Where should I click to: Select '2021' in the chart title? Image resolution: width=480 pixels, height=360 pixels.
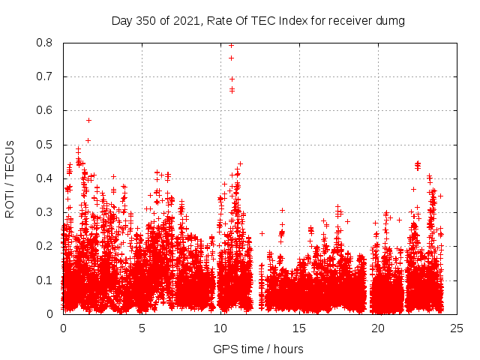coord(184,21)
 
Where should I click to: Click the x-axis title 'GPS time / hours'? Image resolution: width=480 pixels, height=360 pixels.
coord(258,349)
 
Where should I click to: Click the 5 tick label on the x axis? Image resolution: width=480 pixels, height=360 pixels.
coord(142,328)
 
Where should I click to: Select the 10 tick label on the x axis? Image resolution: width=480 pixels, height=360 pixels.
coord(220,328)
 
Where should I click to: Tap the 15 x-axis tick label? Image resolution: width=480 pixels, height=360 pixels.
coord(299,328)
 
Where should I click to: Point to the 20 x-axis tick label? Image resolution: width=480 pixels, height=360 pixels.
coord(378,328)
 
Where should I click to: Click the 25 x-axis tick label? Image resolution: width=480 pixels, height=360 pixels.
coord(457,328)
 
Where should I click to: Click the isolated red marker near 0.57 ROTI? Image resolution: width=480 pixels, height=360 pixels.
coord(88,120)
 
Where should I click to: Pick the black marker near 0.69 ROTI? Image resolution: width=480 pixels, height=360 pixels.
coord(232,79)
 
